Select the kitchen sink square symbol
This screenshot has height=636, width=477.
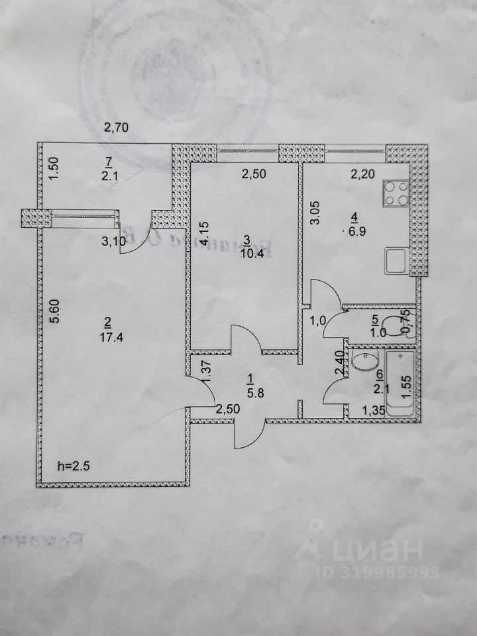pyautogui.click(x=396, y=260)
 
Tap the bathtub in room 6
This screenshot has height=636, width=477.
pyautogui.click(x=399, y=383)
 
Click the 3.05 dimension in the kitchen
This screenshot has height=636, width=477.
pyautogui.click(x=317, y=216)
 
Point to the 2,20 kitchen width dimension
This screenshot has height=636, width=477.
pyautogui.click(x=361, y=175)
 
